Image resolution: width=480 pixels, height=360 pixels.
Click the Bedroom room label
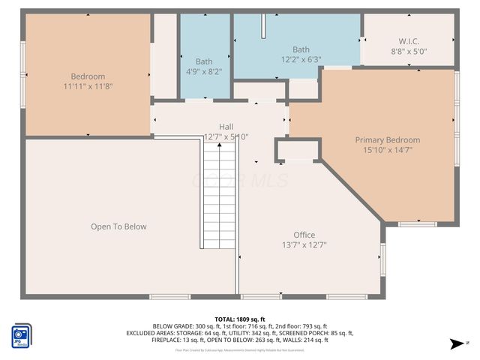click(x=88, y=76)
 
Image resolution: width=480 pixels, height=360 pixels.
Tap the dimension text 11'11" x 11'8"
click(x=88, y=86)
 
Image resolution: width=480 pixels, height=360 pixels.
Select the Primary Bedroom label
click(x=387, y=140)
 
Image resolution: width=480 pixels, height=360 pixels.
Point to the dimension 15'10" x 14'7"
click(x=387, y=150)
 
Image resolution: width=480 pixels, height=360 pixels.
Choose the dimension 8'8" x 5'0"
click(x=408, y=52)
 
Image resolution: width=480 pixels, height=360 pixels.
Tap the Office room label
click(x=304, y=235)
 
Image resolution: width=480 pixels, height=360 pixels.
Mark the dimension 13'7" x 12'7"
click(x=304, y=244)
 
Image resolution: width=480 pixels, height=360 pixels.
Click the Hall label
click(x=226, y=127)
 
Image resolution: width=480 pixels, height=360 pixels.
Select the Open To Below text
click(x=118, y=226)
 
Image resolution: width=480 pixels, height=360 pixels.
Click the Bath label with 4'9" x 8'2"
click(x=204, y=61)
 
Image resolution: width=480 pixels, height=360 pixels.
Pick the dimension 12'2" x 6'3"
click(x=301, y=59)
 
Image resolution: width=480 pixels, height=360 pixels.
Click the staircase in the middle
click(x=218, y=195)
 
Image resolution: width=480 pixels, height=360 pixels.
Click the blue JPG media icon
click(x=21, y=334)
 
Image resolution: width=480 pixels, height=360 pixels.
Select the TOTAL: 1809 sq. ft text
click(x=240, y=319)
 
